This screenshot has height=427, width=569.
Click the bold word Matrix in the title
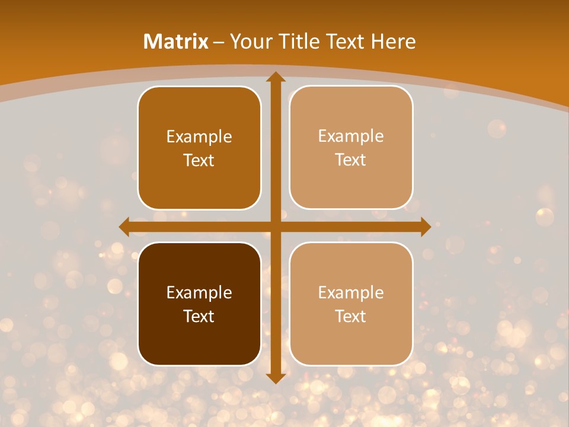176,42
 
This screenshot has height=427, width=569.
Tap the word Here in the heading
393,42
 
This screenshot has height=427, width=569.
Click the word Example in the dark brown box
199,292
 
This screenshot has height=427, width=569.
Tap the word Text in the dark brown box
199,316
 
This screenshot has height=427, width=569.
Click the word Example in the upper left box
199,136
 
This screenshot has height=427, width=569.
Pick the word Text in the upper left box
199,160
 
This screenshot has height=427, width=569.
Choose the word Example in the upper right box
351,136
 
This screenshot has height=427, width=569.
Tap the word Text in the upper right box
351,160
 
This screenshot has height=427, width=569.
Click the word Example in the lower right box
351,292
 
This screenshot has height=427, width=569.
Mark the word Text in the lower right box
351,316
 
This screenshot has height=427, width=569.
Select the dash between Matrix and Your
219,42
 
